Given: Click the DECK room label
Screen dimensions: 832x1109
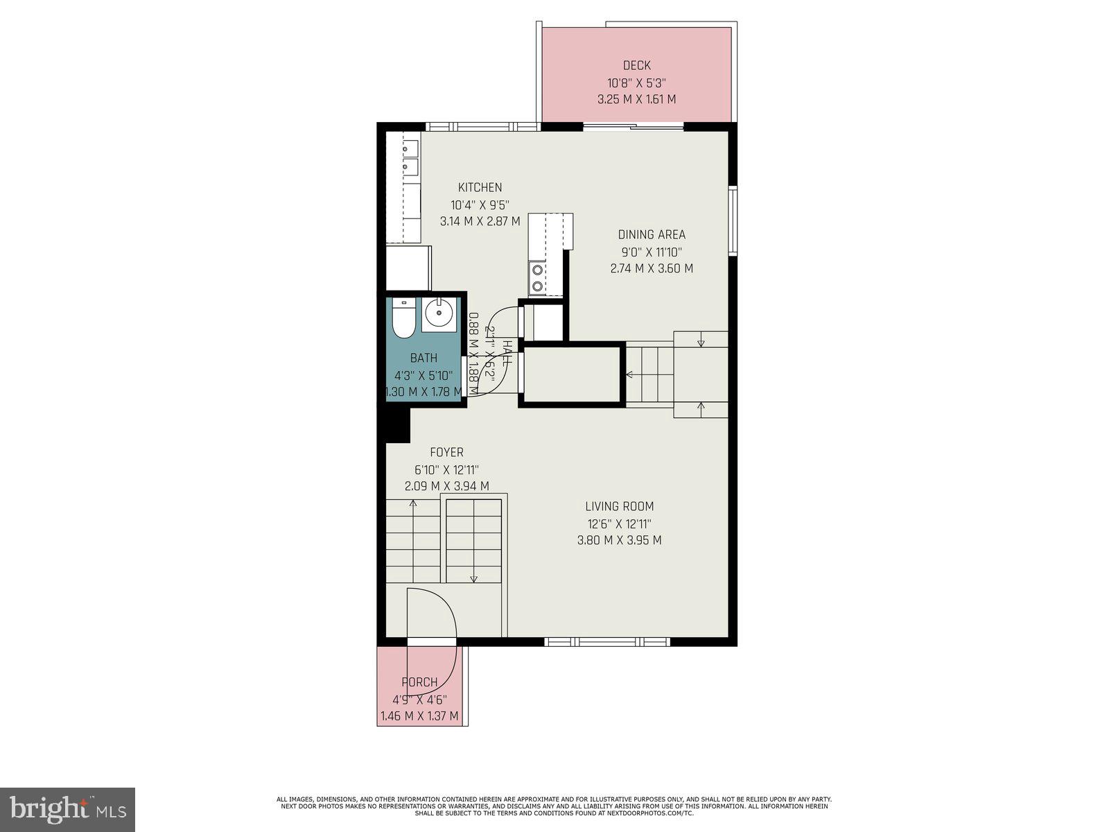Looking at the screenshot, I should click(x=636, y=65).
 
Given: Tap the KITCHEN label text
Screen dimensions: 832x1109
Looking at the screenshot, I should click(x=480, y=187).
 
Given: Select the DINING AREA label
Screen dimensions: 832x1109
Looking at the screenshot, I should click(x=652, y=234).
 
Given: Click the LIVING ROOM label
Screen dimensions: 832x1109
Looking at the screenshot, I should click(x=619, y=507).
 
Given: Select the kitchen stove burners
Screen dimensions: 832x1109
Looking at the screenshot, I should click(x=536, y=277).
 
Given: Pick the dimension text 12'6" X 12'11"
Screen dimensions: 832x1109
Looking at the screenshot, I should click(x=619, y=524).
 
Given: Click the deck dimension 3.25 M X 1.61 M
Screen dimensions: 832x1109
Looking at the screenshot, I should click(x=636, y=99).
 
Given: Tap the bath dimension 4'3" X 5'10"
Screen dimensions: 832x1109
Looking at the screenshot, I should click(x=423, y=375).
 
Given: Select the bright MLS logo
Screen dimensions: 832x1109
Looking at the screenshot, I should click(x=67, y=809).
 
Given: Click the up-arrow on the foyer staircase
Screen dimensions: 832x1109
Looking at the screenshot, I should click(x=413, y=503).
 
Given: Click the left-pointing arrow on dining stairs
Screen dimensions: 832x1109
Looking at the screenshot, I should click(x=630, y=374).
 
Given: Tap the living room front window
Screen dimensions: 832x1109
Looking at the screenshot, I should click(x=607, y=642).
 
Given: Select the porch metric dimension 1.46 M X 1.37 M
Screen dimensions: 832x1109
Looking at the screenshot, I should click(x=419, y=716).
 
